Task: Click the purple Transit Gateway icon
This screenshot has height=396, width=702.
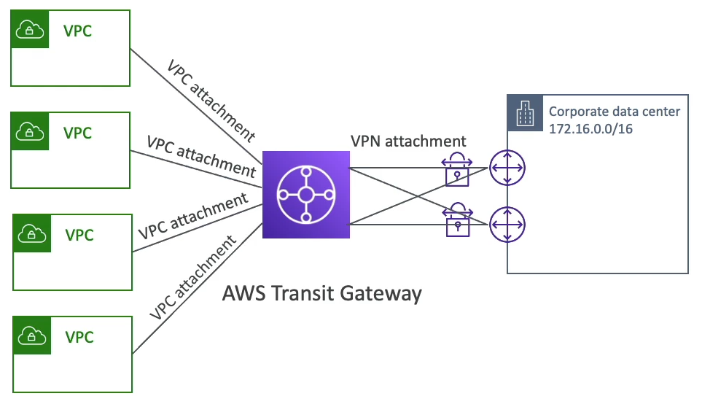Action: [x=306, y=195]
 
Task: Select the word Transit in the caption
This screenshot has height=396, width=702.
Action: [x=302, y=294]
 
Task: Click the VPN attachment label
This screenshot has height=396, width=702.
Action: [x=407, y=140]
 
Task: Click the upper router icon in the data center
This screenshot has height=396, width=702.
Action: [x=507, y=168]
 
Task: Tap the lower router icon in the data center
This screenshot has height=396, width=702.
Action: [x=507, y=224]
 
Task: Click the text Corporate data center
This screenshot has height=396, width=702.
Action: [x=614, y=112]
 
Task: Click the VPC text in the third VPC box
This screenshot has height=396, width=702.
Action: [x=79, y=235]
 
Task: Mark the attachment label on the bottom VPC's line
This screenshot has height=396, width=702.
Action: [x=194, y=278]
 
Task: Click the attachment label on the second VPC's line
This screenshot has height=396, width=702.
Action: [x=201, y=155]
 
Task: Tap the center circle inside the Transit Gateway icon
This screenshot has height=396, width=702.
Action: [x=306, y=195]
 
